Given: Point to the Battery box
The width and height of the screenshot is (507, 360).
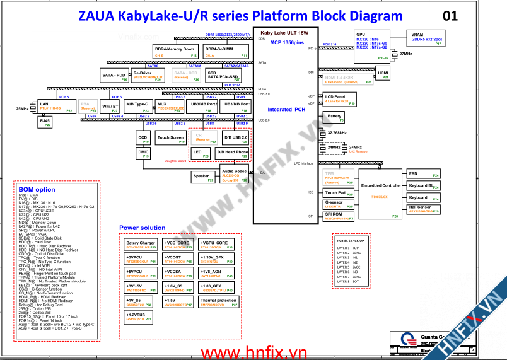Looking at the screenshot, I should coord(335,117).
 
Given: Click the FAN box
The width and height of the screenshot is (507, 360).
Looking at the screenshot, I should coord(423,173).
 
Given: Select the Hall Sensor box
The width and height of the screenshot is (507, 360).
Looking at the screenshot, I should coord(423,209).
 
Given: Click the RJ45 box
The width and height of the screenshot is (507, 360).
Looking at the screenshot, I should coord(45,122).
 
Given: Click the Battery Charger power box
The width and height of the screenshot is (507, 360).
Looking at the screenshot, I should coord(141,245).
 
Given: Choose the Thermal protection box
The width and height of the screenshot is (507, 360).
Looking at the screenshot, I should coord(219,303).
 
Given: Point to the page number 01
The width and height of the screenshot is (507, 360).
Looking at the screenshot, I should coord(450,16).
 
